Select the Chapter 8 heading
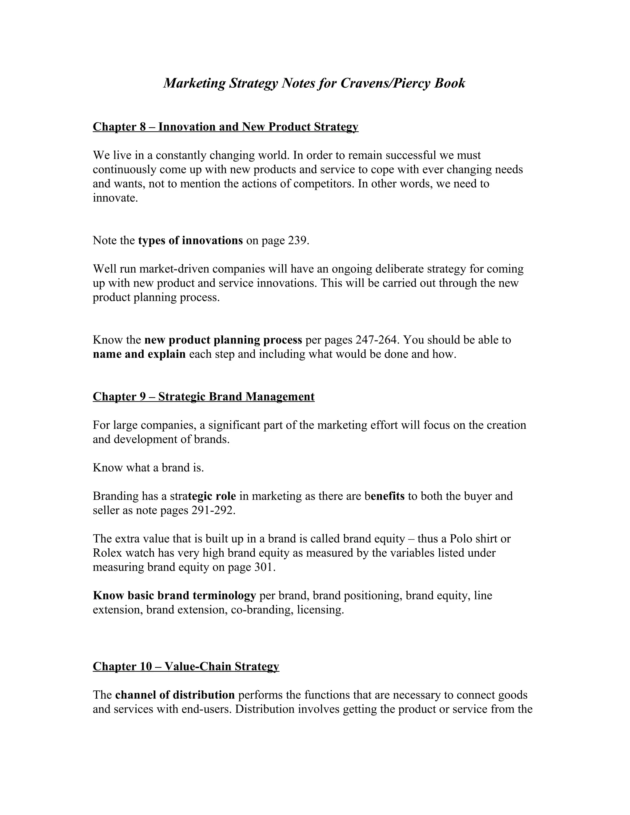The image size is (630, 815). (225, 127)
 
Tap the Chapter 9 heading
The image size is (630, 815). (203, 396)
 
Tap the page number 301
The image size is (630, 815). (264, 567)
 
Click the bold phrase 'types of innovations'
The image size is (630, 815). (190, 240)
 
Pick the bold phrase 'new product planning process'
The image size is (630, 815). (223, 340)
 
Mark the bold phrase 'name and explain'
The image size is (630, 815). (139, 354)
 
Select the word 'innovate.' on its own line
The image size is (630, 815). (115, 198)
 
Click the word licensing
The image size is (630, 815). (320, 610)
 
